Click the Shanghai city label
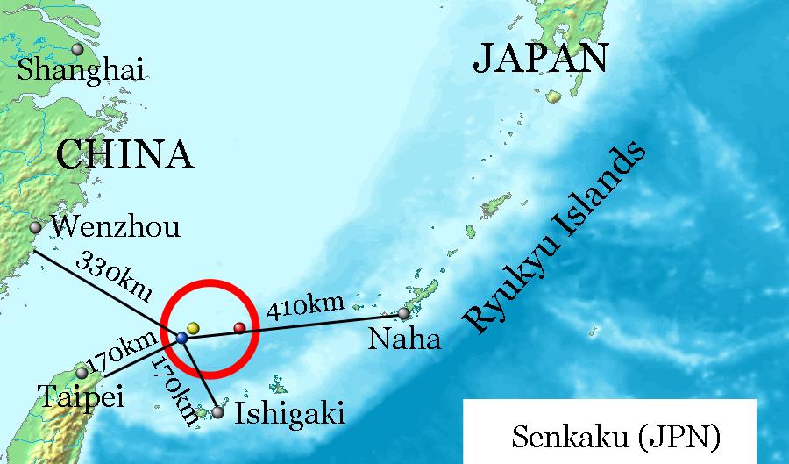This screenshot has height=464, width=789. [x=80, y=69]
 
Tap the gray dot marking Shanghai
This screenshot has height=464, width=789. [x=78, y=49]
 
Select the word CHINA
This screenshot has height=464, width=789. [x=124, y=155]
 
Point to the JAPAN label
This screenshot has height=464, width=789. [x=540, y=59]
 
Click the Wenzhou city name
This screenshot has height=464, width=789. [x=115, y=227]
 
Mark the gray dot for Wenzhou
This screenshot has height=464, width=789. [x=36, y=227]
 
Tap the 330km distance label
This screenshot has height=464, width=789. [x=114, y=275]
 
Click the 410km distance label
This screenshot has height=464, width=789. [x=304, y=308]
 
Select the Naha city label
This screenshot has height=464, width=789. [x=404, y=339]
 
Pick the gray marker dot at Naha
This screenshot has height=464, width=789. [x=403, y=313]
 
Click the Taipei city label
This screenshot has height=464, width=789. [x=82, y=397]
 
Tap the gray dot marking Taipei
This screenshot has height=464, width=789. [x=82, y=374]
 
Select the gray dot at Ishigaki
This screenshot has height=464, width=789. [x=217, y=411]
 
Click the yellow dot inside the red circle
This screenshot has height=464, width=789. [x=194, y=328]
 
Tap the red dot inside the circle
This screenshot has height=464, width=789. [x=239, y=329]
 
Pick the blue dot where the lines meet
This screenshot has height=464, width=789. [x=181, y=338]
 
